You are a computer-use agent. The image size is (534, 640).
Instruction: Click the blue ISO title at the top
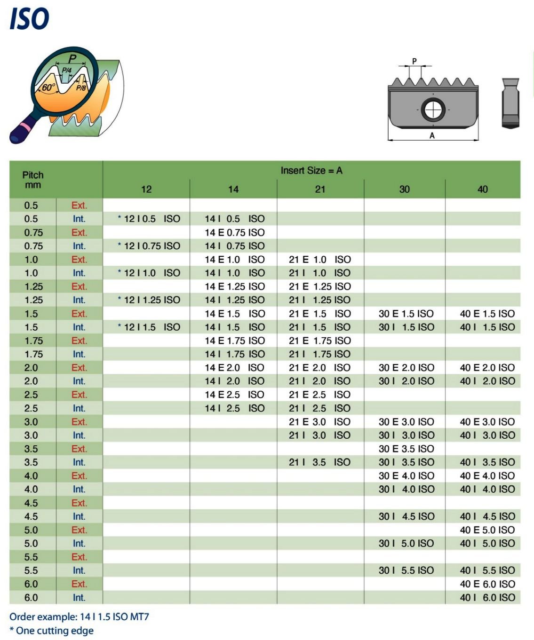(x=29, y=19)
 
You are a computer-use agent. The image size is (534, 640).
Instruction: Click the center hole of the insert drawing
(x=432, y=110)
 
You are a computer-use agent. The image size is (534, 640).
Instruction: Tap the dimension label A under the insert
(x=432, y=135)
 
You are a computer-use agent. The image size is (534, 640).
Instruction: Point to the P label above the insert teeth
(x=414, y=61)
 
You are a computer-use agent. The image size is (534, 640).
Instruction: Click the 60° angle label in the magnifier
(x=48, y=87)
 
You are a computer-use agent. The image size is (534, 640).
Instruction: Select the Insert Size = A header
(x=311, y=171)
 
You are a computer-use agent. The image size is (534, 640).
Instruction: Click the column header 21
(x=320, y=189)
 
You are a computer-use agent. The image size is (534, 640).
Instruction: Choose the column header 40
(x=482, y=189)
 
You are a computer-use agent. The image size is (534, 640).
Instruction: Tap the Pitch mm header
(x=33, y=180)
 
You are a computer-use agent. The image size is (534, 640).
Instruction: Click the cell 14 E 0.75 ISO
(x=234, y=232)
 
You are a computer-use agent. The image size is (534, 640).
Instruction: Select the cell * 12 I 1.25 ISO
(x=149, y=300)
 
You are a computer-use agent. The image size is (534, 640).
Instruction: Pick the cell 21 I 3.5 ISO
(x=319, y=462)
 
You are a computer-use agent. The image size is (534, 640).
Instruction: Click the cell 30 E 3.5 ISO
(x=406, y=449)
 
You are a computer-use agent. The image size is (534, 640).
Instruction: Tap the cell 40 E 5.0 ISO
(x=487, y=530)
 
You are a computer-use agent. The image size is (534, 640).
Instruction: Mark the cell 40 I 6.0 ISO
(x=487, y=597)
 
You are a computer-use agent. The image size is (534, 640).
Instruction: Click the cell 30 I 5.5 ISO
(x=406, y=570)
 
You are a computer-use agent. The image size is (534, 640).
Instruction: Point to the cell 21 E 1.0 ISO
(x=319, y=260)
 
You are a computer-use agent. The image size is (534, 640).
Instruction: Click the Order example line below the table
(x=79, y=616)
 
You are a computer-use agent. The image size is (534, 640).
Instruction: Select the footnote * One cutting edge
(x=51, y=631)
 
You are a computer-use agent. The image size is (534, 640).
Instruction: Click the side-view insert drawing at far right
(x=510, y=103)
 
